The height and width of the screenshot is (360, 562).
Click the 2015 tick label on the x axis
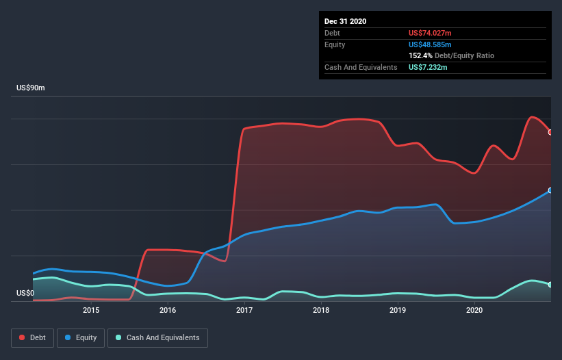91,310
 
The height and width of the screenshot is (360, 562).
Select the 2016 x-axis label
168,310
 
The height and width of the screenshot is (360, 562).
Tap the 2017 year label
244,310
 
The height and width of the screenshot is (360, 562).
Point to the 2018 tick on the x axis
321,310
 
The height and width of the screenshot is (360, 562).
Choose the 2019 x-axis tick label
398,310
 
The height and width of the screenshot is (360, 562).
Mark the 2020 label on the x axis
474,310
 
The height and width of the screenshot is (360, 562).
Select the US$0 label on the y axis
25,293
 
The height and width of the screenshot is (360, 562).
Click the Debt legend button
32,337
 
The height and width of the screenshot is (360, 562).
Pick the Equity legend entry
81,337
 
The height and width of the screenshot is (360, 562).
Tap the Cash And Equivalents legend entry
157,337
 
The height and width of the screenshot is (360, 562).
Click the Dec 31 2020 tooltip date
346,21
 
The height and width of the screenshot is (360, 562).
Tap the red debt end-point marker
550,132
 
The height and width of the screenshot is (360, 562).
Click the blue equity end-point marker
550,190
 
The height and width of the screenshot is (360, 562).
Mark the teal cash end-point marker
550,284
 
